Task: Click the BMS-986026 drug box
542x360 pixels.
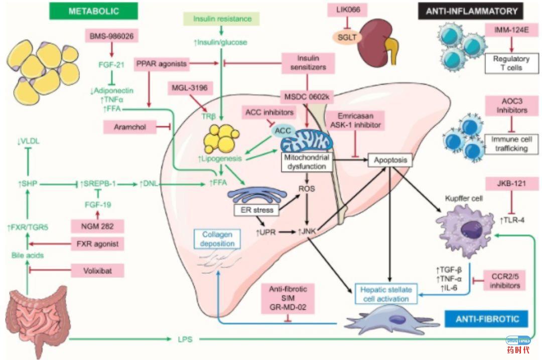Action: (111, 36)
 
